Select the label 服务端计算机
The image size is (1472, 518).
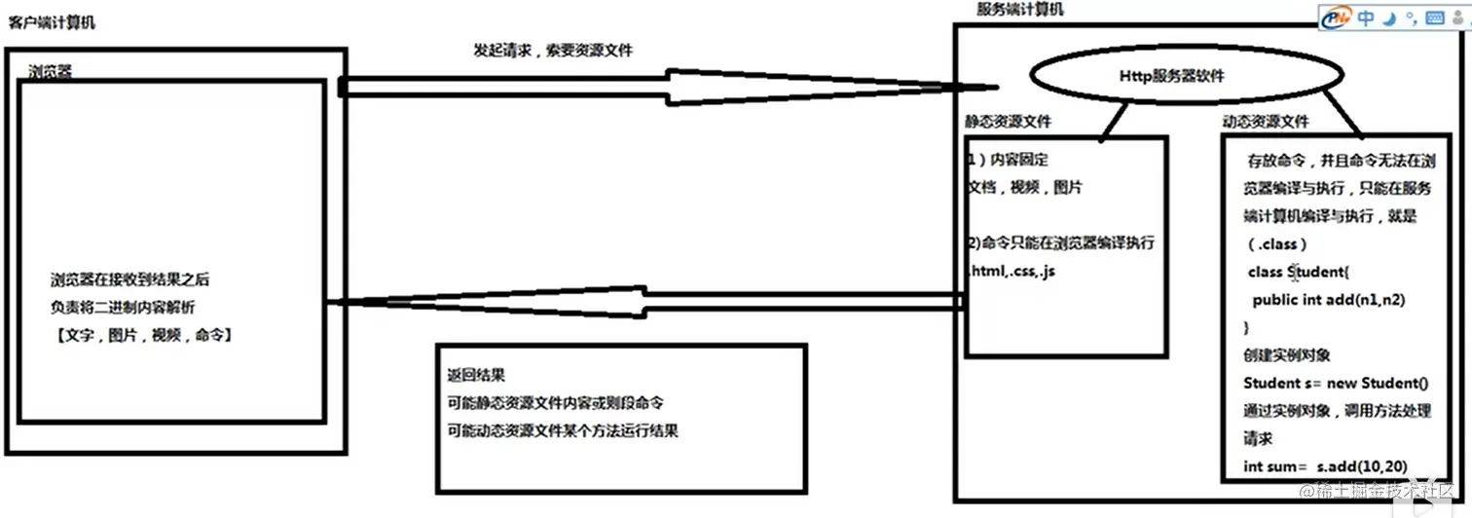click(1019, 9)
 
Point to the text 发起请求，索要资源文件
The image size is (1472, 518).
click(552, 50)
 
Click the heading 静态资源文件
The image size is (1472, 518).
click(1008, 122)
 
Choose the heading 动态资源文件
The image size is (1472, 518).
click(1266, 122)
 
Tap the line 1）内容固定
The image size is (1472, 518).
click(1008, 160)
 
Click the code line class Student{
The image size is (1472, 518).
click(1296, 272)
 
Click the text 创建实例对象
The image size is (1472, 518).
click(1287, 354)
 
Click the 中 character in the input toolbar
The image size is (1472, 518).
click(1366, 18)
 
